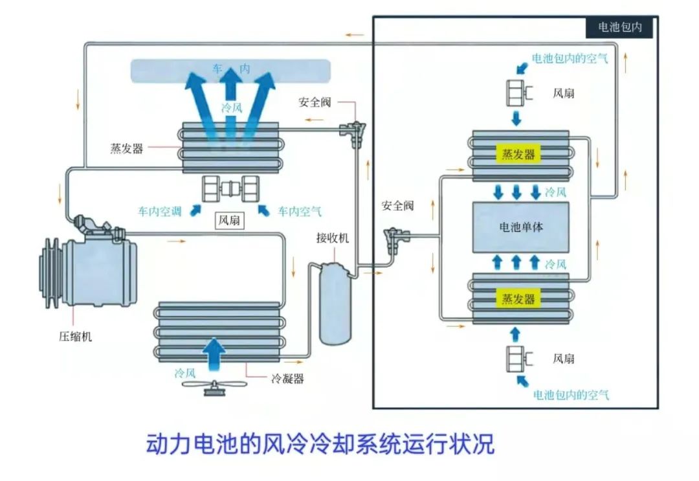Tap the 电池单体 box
(x=520, y=227)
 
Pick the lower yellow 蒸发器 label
(x=518, y=298)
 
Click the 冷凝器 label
(x=287, y=379)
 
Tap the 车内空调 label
(x=159, y=211)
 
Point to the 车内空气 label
(x=299, y=211)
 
